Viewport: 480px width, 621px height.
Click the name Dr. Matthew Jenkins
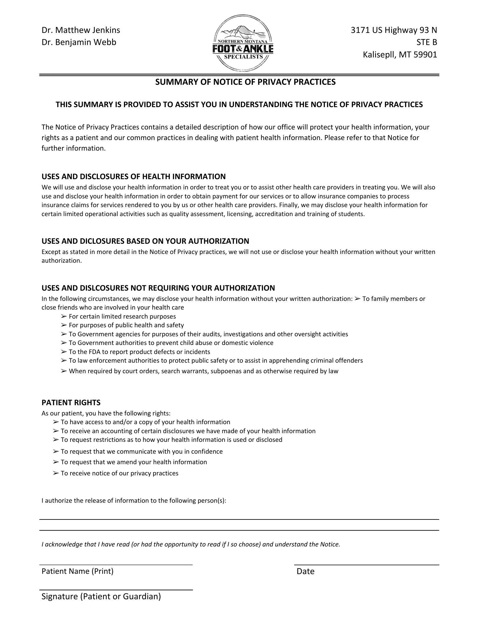(81, 30)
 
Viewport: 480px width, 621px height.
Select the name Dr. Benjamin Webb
(79, 42)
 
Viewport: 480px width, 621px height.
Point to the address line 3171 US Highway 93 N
(394, 30)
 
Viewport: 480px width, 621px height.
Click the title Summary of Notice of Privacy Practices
(245, 82)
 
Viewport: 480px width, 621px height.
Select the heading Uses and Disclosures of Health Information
(134, 177)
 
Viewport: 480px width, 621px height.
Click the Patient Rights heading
(71, 403)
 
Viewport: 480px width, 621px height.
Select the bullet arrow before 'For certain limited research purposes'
(64, 316)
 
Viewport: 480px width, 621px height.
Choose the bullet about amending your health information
(134, 462)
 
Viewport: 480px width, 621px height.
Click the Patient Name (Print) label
(77, 571)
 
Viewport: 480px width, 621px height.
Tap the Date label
(305, 572)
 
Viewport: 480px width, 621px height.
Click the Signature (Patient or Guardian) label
(101, 596)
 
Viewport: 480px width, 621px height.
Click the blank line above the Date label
(366, 564)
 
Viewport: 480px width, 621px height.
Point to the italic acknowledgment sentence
(191, 544)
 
